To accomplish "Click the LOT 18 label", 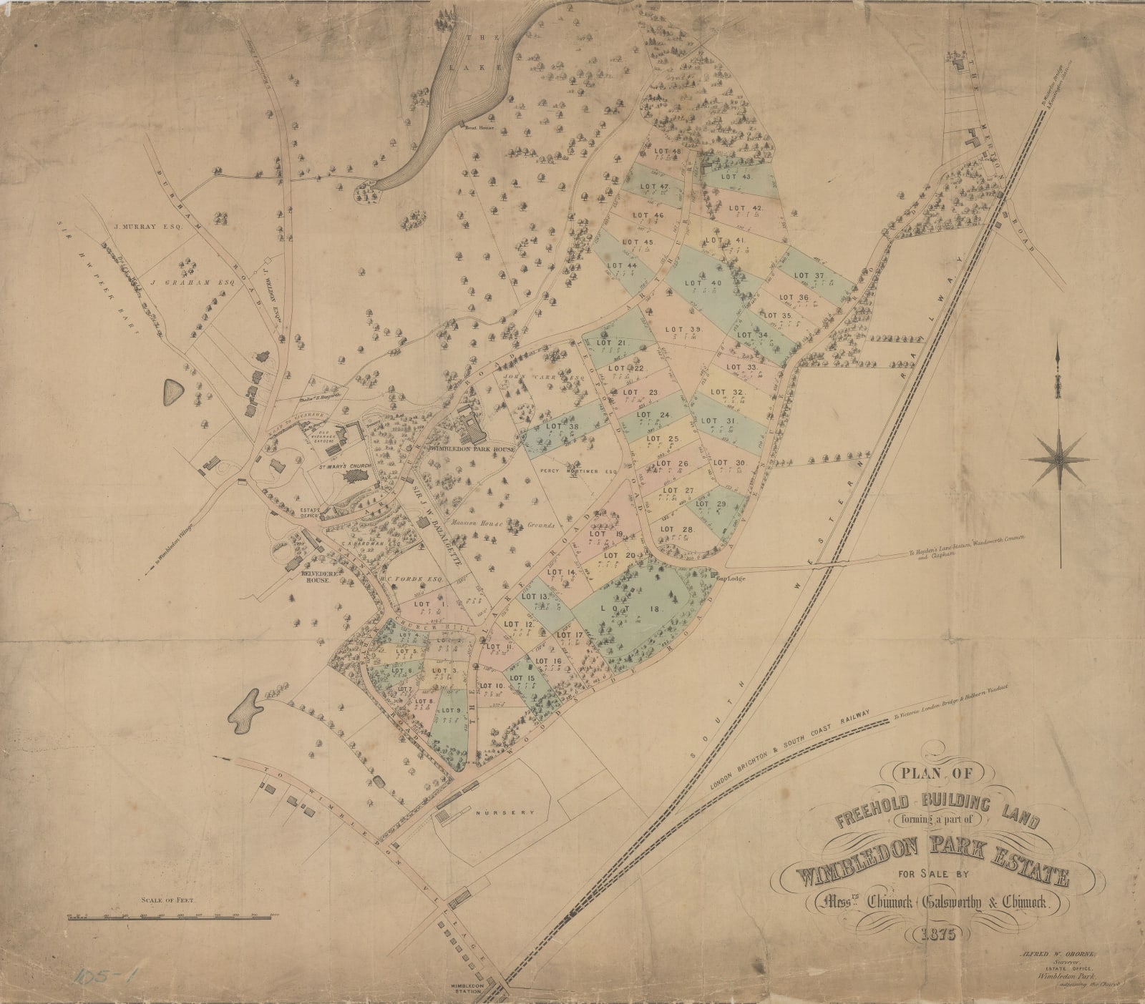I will point(624,609).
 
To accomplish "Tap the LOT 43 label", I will point(736,177).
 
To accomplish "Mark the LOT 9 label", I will point(452,710).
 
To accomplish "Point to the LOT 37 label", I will point(810,276).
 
